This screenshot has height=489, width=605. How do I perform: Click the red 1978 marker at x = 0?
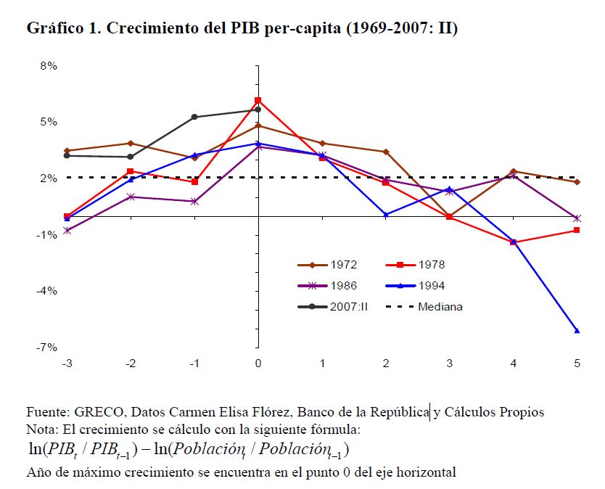click(x=258, y=100)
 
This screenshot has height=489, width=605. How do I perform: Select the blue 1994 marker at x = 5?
click(x=577, y=331)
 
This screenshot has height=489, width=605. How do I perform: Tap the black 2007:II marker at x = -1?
click(x=194, y=117)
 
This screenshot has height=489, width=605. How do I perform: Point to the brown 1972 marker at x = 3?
click(x=449, y=217)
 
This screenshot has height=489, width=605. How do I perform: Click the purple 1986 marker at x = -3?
click(x=67, y=231)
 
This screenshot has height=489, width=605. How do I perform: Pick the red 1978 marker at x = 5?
click(x=577, y=230)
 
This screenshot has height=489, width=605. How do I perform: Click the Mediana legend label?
click(x=440, y=306)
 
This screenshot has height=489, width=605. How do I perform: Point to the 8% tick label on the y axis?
click(x=48, y=66)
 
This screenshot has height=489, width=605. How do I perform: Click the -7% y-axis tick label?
click(x=46, y=348)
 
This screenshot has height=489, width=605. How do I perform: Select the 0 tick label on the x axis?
click(x=258, y=363)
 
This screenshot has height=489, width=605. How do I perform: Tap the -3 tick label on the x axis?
click(x=67, y=363)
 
